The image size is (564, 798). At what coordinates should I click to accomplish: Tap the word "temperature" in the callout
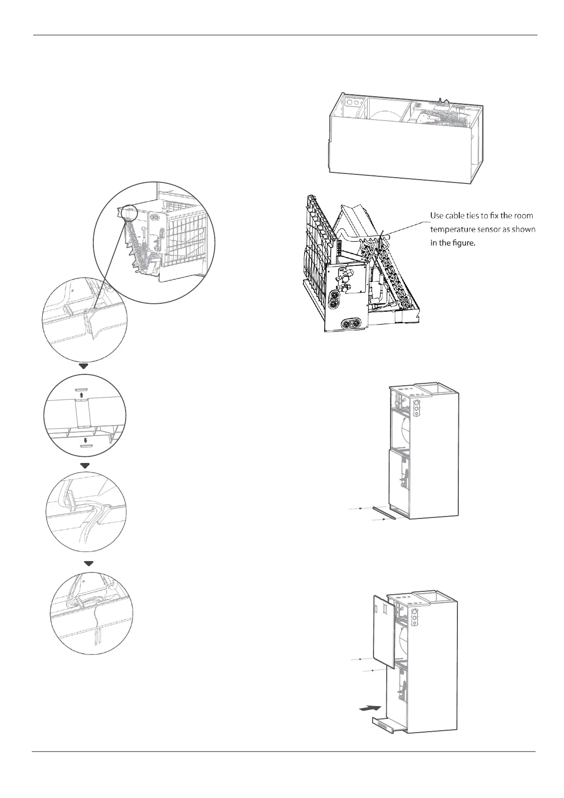[453, 230]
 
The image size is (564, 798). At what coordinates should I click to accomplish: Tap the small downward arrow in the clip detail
[85, 438]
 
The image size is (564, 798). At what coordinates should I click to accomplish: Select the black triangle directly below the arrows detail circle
[85, 466]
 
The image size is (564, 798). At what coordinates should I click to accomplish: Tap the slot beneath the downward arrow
[85, 446]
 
